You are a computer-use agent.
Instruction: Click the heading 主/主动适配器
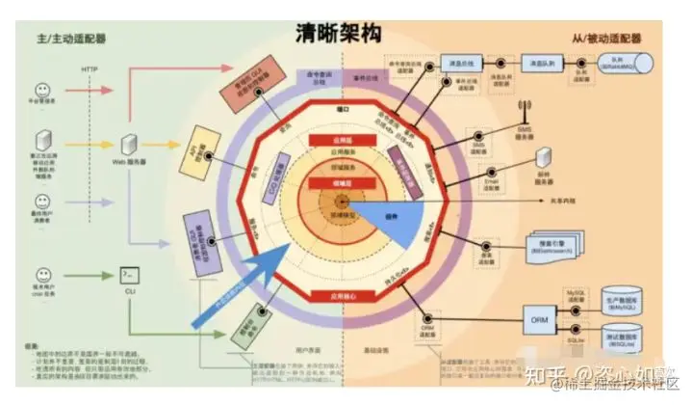point(69,40)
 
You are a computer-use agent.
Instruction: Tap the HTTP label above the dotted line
point(89,70)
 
